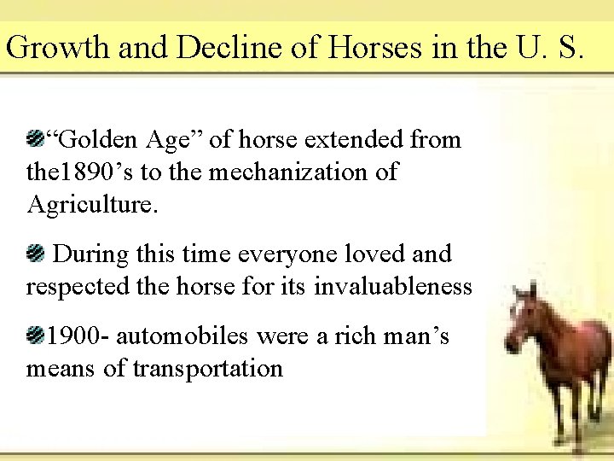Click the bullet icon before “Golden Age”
[36, 137]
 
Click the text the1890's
[81, 172]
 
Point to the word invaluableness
[392, 287]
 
